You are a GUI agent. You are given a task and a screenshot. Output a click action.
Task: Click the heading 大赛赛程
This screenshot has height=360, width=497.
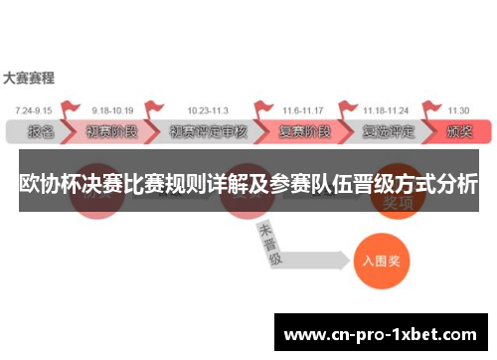tap(29, 77)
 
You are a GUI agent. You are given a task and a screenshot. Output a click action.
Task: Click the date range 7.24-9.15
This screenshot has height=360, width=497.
tap(32, 109)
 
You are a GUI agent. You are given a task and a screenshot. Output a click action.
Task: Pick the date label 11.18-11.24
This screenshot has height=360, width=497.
tap(385, 109)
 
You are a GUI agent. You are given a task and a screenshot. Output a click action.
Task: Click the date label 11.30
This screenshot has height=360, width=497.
tap(458, 109)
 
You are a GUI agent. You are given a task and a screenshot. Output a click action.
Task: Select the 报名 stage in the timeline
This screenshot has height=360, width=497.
tap(40, 131)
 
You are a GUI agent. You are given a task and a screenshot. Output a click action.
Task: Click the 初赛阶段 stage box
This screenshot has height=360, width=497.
tap(112, 131)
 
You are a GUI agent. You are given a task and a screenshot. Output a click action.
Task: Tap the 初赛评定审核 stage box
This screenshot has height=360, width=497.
tap(207, 131)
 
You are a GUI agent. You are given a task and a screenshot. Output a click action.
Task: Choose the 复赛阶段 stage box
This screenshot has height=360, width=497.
tap(302, 131)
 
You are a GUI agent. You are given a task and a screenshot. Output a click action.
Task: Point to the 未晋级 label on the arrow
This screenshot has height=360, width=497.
tap(269, 244)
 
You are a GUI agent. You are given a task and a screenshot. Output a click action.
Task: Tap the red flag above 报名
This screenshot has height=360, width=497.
tap(69, 108)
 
